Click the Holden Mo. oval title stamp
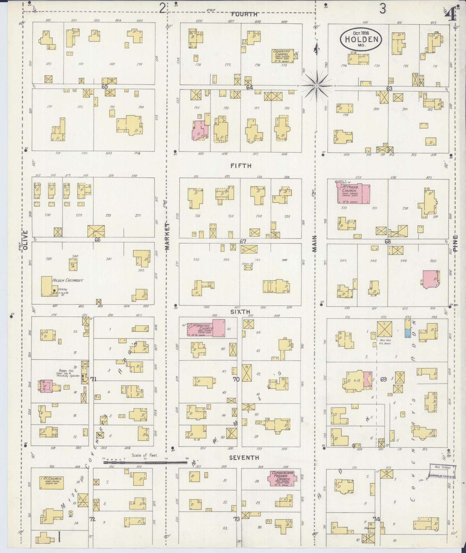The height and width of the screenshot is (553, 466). [x=361, y=39]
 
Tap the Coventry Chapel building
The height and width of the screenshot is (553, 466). [x=283, y=56]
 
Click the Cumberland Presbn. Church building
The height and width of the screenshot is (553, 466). [x=282, y=478]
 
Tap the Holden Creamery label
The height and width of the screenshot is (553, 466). [x=68, y=280]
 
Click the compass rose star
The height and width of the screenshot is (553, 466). [x=317, y=86]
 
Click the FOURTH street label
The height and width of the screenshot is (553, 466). [x=244, y=14]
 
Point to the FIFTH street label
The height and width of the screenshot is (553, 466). [x=241, y=166]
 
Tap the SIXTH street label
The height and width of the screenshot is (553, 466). [x=240, y=312]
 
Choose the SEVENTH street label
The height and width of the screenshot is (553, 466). [x=244, y=458]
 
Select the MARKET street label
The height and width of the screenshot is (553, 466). [x=168, y=236]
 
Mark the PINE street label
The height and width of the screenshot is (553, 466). [x=456, y=243]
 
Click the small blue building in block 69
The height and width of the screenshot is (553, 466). [x=407, y=333]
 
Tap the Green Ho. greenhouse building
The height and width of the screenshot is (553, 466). [x=248, y=267]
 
